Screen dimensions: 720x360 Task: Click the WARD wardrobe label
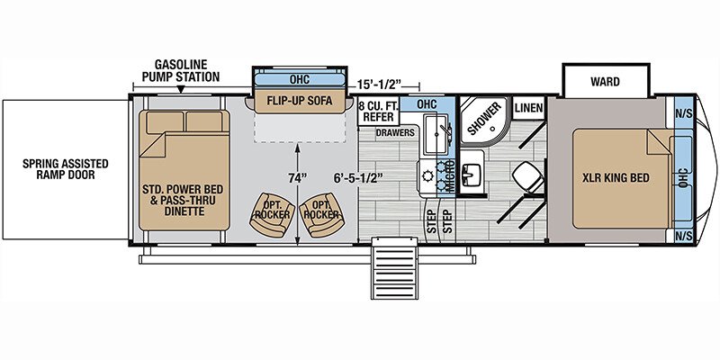pos(605,82)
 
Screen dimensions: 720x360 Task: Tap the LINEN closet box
pos(528,108)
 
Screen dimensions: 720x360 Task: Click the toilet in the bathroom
pos(526,178)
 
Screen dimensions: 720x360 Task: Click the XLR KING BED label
pos(616,177)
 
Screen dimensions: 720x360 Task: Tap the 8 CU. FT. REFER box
pos(378,111)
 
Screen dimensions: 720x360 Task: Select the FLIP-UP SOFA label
pos(300,101)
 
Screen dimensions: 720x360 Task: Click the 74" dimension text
pos(299,177)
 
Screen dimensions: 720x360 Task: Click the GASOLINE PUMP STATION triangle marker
pos(181,89)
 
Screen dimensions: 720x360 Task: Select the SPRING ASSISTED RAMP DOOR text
pos(65,169)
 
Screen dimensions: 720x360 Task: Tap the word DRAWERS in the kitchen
pos(395,132)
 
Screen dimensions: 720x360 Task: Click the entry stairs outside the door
pos(394,267)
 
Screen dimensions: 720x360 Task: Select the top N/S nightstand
pos(683,113)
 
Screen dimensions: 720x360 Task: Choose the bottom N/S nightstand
pos(683,236)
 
